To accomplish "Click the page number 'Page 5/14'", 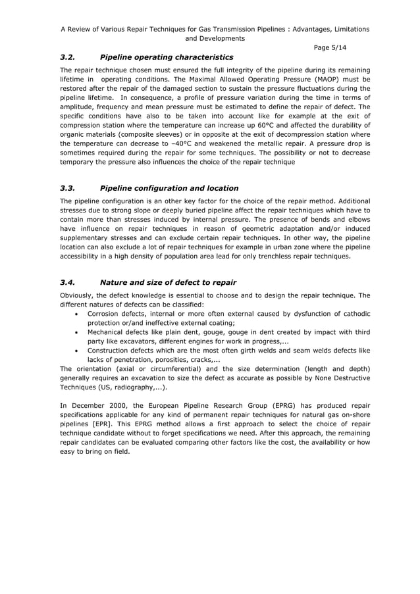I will click(333, 47).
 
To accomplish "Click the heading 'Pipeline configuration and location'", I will click(169, 187).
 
